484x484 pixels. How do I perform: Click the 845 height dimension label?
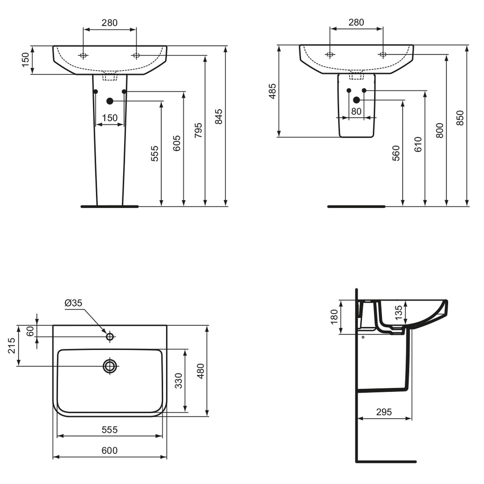pyautogui.click(x=218, y=116)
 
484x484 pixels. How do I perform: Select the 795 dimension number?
pyautogui.click(x=198, y=130)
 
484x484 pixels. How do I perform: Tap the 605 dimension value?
pyautogui.click(x=176, y=144)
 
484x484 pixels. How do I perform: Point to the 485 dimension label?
pyautogui.click(x=273, y=91)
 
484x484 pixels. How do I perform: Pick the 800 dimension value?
pyautogui.click(x=439, y=130)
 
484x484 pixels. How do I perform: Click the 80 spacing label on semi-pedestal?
pyautogui.click(x=356, y=111)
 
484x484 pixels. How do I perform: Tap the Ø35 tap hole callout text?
pyautogui.click(x=74, y=303)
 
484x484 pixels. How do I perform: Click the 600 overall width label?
pyautogui.click(x=110, y=450)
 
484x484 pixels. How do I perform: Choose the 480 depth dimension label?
pyautogui.click(x=200, y=371)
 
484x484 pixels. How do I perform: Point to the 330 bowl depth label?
pyautogui.click(x=178, y=380)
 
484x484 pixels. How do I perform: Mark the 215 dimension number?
pyautogui.click(x=12, y=346)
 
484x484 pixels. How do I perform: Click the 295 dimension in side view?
pyautogui.click(x=384, y=412)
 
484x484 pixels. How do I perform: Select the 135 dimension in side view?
pyautogui.click(x=399, y=312)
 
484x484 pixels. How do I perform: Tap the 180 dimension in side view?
pyautogui.click(x=334, y=316)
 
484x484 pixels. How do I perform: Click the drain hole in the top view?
pyautogui.click(x=110, y=366)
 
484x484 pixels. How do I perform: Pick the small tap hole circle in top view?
pyautogui.click(x=110, y=337)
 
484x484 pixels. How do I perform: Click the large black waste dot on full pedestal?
pyautogui.click(x=110, y=101)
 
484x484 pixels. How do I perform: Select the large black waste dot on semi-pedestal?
pyautogui.click(x=357, y=100)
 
